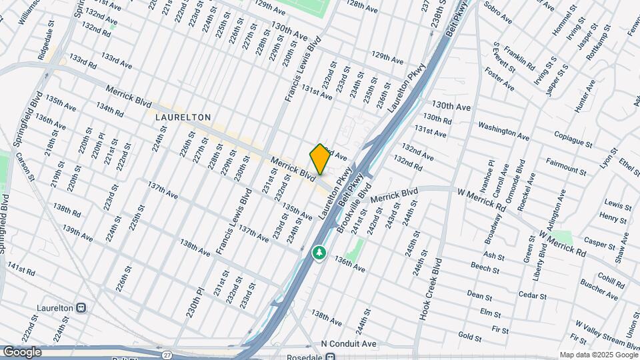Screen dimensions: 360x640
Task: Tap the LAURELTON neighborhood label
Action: point(183,117)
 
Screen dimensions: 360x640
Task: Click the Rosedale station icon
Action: point(329,355)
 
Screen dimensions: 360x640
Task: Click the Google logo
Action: point(22,351)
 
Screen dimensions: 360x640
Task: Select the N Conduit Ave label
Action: point(349,344)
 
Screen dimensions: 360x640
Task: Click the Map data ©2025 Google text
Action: point(598,355)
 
